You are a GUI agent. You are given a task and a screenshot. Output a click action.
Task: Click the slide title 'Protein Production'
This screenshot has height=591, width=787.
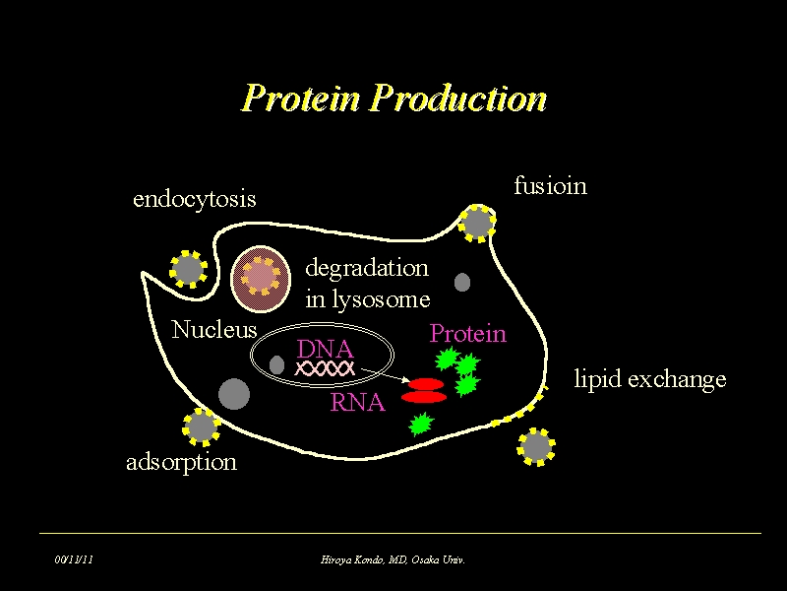(393, 98)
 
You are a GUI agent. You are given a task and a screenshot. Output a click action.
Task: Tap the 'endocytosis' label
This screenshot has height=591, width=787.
(194, 199)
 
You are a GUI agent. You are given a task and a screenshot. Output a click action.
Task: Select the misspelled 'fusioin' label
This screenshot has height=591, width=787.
(550, 185)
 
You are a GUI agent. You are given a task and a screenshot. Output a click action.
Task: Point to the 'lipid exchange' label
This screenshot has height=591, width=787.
(649, 379)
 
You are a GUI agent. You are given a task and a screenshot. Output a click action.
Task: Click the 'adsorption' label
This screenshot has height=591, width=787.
(181, 461)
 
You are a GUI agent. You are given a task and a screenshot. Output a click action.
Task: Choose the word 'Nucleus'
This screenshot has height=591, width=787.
(213, 330)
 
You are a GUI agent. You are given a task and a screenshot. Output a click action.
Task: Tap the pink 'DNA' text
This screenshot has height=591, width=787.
(325, 349)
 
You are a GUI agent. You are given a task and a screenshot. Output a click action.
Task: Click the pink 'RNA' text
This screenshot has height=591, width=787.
(357, 402)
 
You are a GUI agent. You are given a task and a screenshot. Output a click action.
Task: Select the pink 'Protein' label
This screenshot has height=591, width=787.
(467, 334)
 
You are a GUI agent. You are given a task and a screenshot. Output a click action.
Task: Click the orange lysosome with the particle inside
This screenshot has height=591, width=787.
(260, 278)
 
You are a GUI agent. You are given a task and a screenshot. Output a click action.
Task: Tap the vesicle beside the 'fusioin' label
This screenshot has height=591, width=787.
(477, 223)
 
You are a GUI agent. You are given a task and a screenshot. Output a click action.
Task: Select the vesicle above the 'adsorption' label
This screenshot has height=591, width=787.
(202, 426)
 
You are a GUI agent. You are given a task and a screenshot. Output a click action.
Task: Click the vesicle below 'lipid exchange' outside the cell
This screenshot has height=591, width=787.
(536, 446)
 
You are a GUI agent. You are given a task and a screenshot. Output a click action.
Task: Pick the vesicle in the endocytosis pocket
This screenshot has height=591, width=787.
(187, 268)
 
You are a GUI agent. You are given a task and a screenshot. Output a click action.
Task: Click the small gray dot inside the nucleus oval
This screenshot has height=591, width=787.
(276, 365)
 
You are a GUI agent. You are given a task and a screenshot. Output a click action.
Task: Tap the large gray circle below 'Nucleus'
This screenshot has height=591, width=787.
(233, 393)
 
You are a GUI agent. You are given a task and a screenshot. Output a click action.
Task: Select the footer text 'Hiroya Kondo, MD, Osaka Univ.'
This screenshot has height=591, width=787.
(393, 559)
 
